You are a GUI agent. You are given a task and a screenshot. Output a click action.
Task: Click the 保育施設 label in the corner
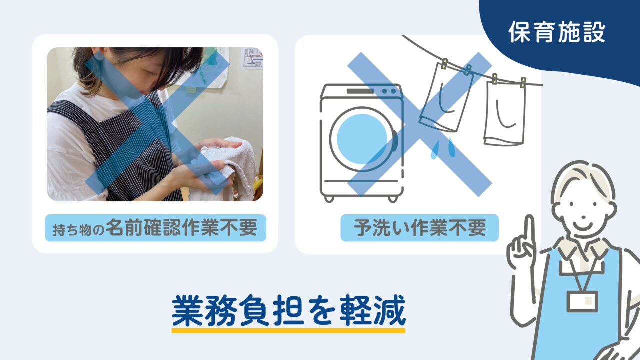pyautogui.click(x=557, y=32)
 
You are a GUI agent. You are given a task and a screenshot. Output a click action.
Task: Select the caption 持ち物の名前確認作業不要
pyautogui.click(x=155, y=228)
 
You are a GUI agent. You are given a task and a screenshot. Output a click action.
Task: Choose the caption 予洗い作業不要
pyautogui.click(x=420, y=228)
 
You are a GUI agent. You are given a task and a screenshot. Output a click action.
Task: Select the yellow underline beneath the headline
pyautogui.click(x=288, y=330)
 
